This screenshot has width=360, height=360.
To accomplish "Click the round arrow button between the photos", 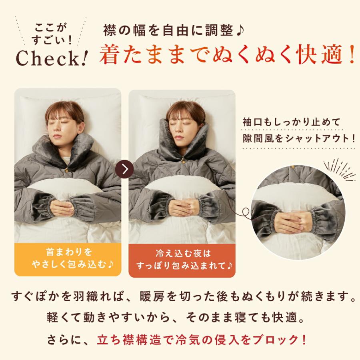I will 124,169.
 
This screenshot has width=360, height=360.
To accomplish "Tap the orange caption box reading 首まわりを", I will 68,258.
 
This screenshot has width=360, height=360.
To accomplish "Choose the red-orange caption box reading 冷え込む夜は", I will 182,259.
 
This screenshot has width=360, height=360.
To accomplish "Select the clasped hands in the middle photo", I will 182,207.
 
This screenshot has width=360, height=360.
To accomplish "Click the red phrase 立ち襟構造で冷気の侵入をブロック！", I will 202,340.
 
